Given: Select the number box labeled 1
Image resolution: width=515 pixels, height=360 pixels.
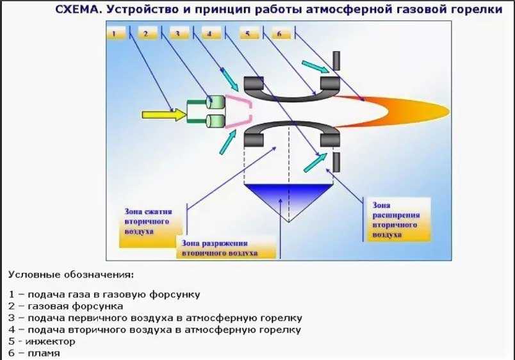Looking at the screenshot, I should pos(116,33).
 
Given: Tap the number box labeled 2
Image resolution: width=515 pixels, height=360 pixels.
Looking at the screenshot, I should pos(147,33).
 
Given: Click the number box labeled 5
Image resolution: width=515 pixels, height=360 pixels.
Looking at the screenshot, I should pos(249,33).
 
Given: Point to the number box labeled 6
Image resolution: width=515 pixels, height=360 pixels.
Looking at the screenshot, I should pos(280,33).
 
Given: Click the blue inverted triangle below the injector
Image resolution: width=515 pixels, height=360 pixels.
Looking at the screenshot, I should pos(289,195).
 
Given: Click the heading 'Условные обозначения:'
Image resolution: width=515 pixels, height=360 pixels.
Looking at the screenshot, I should pos(71,275).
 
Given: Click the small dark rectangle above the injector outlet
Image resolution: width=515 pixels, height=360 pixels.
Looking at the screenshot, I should pos(336,60).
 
